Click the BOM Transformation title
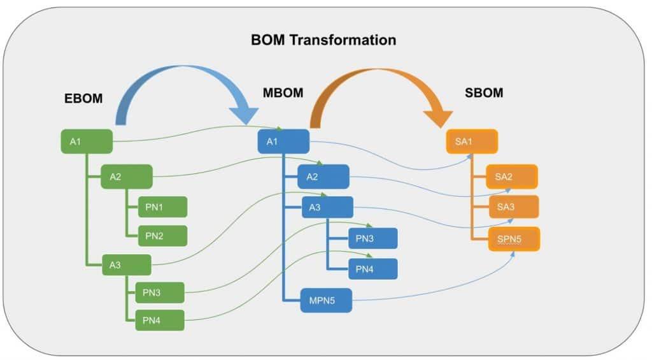tap(323, 40)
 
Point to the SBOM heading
tap(484, 93)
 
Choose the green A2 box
tap(127, 176)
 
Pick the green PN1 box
tap(162, 207)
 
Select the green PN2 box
tap(162, 236)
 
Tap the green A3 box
tap(127, 266)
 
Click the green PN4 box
tap(160, 320)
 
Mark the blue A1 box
tap(283, 141)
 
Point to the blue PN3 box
tap(372, 238)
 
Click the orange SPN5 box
tap(514, 239)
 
